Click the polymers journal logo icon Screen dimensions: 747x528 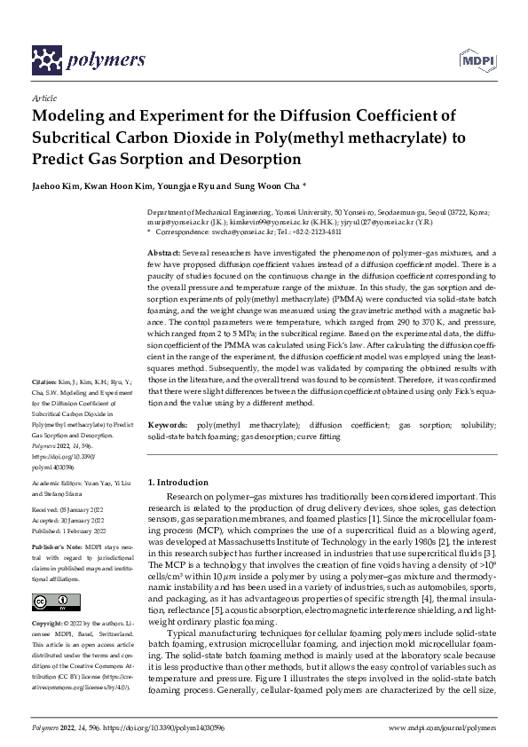pyautogui.click(x=47, y=59)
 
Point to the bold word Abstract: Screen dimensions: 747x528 pyautogui.click(x=165, y=253)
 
